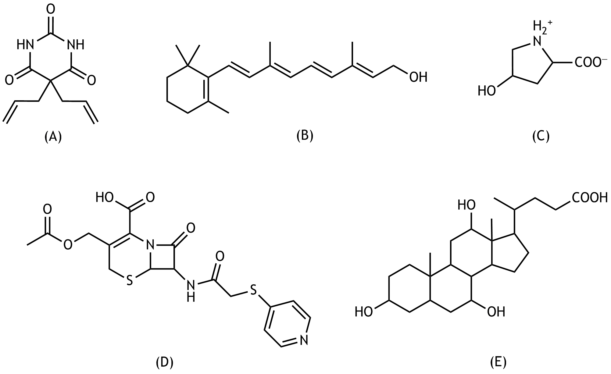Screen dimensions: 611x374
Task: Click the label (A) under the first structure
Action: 53,137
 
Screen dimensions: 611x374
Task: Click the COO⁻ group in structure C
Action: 591,63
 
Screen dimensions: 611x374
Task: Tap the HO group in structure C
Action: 487,91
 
